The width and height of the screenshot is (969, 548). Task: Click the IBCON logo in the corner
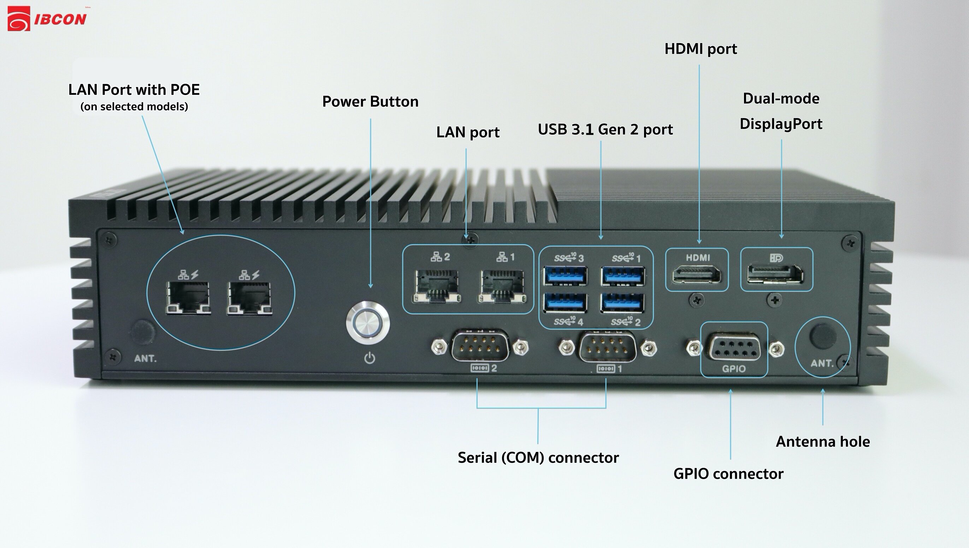coord(47,19)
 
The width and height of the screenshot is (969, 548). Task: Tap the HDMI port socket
coord(697,275)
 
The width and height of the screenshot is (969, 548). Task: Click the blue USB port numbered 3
coord(565,276)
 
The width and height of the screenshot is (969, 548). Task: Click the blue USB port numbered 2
coord(623,302)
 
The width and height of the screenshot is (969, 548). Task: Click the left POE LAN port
coord(188,298)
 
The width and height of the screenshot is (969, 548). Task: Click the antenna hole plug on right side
coord(823,335)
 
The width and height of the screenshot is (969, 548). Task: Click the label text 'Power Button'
coord(370,102)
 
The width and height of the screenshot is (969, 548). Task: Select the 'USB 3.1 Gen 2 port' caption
coord(605,129)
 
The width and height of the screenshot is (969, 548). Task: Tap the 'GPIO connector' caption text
coord(728,474)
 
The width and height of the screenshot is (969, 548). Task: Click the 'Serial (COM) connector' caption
coord(538,458)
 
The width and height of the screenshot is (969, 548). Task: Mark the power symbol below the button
coord(370,358)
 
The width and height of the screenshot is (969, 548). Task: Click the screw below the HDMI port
coord(697,300)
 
